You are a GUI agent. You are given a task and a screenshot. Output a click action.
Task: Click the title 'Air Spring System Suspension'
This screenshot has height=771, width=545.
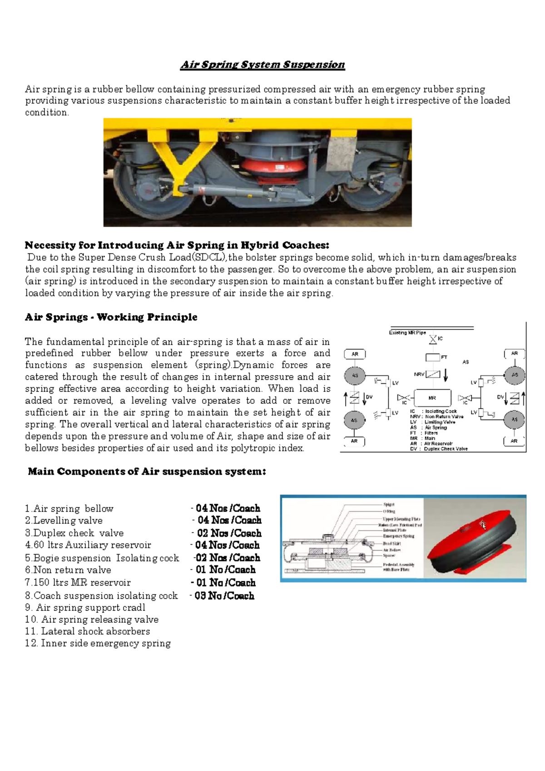tap(263, 65)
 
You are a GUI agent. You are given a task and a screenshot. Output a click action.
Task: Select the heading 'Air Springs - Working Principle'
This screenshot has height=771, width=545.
tap(111, 317)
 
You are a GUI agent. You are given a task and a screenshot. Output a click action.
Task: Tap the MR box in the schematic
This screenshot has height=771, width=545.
tap(433, 398)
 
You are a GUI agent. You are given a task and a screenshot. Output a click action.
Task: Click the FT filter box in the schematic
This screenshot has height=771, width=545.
tap(432, 357)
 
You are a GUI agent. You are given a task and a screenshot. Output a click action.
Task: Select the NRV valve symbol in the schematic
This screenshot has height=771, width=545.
tap(433, 374)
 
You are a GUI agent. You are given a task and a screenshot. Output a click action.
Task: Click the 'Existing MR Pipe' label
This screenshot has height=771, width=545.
tap(407, 333)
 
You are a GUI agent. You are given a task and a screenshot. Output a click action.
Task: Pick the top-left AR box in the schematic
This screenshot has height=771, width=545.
tap(355, 354)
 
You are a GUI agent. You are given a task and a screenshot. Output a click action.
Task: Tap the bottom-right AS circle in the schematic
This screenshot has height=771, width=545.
tap(514, 419)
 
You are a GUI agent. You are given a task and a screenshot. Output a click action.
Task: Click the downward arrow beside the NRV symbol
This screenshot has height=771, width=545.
tap(446, 375)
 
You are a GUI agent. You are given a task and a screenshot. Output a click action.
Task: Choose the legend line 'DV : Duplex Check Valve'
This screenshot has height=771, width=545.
tap(439, 449)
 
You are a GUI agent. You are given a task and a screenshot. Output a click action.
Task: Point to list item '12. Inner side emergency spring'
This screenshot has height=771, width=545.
tap(98, 643)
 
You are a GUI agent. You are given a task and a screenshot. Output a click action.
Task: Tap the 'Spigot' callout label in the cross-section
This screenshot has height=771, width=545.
tap(389, 504)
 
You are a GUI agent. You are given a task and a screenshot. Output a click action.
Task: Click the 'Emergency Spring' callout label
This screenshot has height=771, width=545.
tap(398, 536)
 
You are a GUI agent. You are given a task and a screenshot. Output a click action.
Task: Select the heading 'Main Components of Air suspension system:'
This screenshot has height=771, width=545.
tap(147, 471)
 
